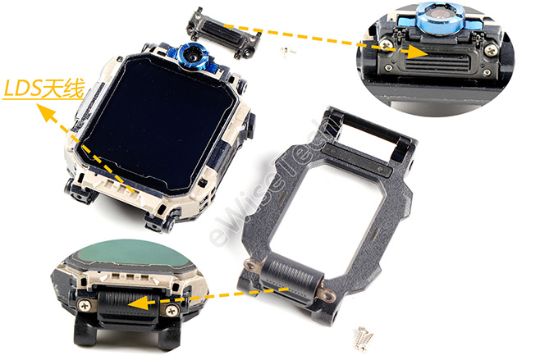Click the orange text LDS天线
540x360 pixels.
coord(43,89)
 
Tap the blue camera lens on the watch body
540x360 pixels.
coord(193,55)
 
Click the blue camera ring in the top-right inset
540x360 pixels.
coord(438,18)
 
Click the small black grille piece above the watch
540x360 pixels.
coord(223,33)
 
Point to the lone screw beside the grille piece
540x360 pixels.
coord(287,52)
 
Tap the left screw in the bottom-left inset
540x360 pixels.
coord(84,305)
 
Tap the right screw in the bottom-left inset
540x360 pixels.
coord(172,311)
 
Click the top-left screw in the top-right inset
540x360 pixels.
coord(387,45)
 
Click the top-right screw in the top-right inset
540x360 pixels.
coord(491,51)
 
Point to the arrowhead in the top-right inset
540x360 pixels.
coord(417,51)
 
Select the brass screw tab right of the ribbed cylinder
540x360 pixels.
coord(328,294)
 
